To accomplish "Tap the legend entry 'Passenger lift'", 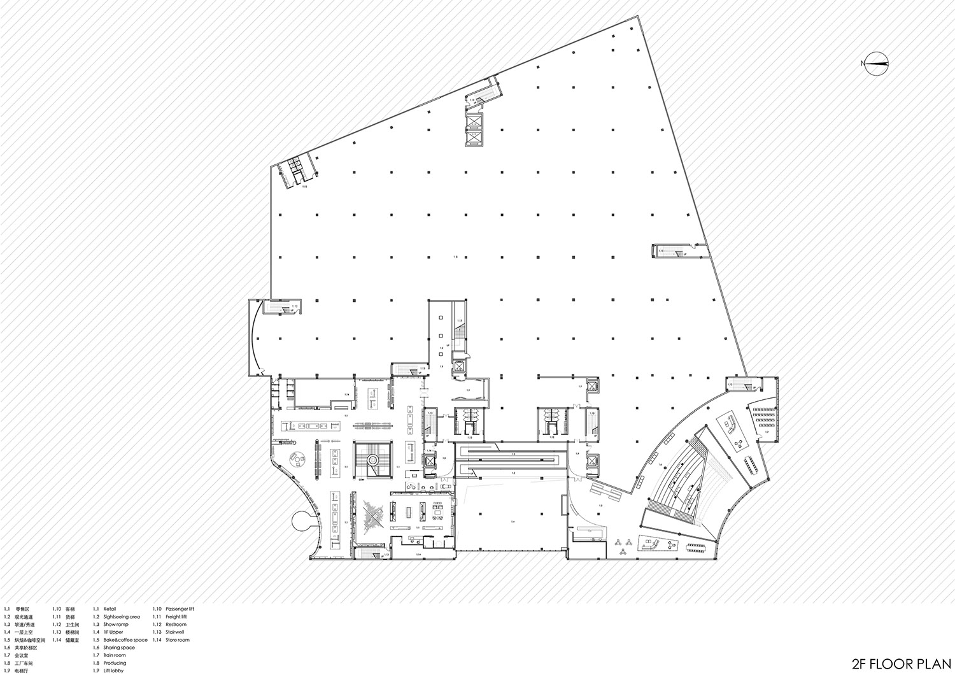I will pyautogui.click(x=180, y=609).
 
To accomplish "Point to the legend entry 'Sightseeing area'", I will pyautogui.click(x=122, y=616).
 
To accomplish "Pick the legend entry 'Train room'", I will pyautogui.click(x=115, y=655).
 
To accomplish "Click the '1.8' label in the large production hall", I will pyautogui.click(x=455, y=257).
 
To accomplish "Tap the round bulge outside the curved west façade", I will pyautogui.click(x=304, y=522).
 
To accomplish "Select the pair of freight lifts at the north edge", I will pyautogui.click(x=474, y=130).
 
